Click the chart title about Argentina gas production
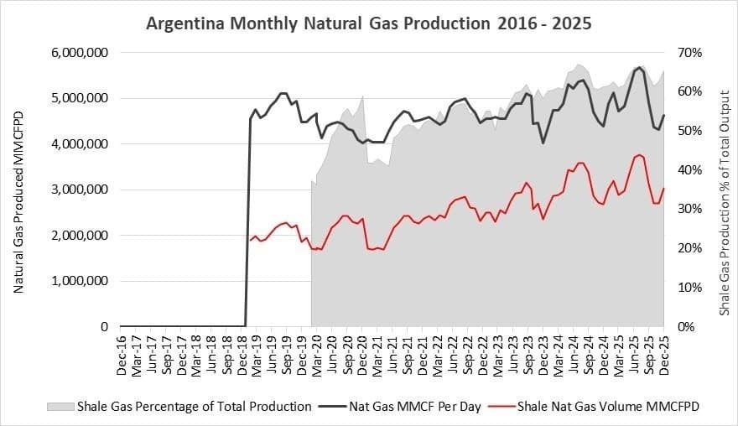368,23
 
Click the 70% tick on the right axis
691,52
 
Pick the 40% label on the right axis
691,169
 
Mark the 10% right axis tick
691,287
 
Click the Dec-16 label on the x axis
122,351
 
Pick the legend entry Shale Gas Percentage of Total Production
194,407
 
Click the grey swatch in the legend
57,407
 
